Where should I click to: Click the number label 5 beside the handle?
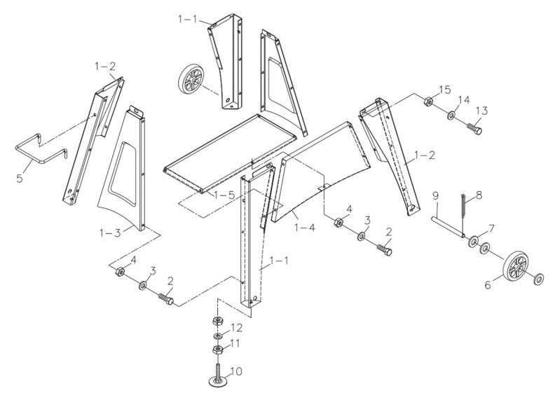coord(19,179)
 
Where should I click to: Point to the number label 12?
coord(238,328)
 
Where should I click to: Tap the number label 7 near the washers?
coord(491,228)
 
